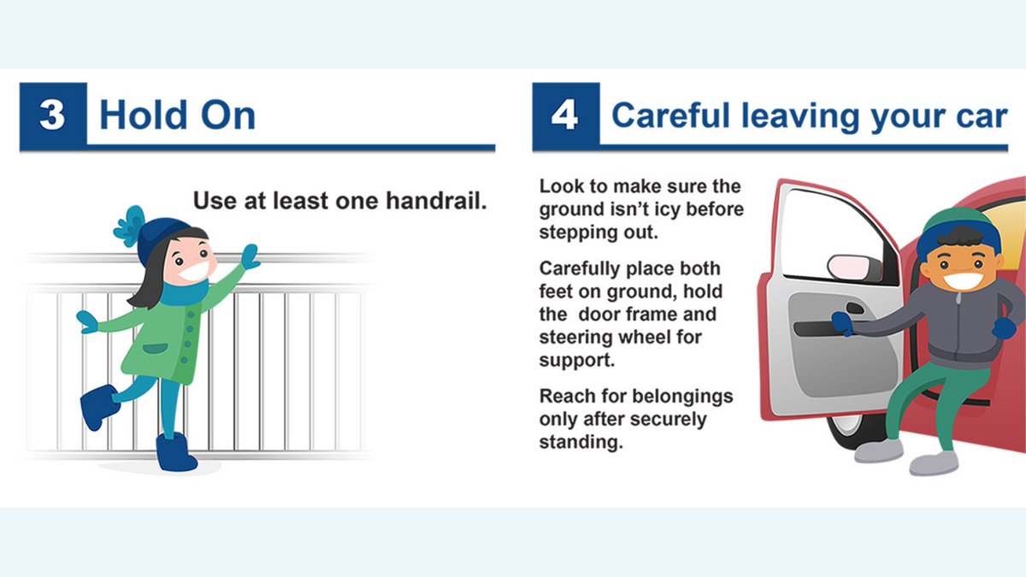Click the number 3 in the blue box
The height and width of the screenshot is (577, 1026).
pyautogui.click(x=52, y=115)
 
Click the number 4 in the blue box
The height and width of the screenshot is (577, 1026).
pyautogui.click(x=564, y=115)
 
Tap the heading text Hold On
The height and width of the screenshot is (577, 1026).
pyautogui.click(x=177, y=115)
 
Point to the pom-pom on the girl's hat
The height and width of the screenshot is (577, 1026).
pyautogui.click(x=128, y=225)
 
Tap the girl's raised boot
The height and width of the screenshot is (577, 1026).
pyautogui.click(x=99, y=407)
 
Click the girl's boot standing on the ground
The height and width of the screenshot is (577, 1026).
pyautogui.click(x=176, y=452)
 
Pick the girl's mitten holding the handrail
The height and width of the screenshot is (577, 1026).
pyautogui.click(x=251, y=256)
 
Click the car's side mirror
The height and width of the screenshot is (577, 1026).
pyautogui.click(x=854, y=267)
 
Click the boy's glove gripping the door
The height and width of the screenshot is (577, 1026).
pyautogui.click(x=842, y=322)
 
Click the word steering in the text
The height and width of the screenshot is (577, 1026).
pyautogui.click(x=574, y=337)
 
